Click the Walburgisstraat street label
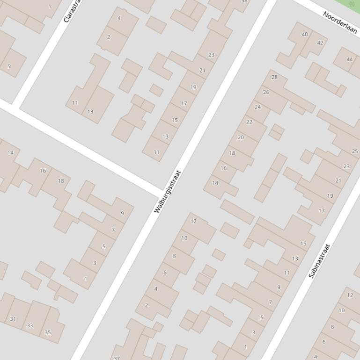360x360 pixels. coord(167,192)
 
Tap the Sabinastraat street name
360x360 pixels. coord(319,261)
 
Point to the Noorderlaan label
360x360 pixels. coord(340,22)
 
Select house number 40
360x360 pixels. coord(305,34)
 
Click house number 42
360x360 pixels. coord(320,43)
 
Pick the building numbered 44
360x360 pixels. coord(350,59)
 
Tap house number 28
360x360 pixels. coord(274,77)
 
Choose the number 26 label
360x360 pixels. coord(266,92)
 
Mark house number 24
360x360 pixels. coord(257,107)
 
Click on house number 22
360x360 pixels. coord(249,122)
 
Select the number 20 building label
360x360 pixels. coord(241,137)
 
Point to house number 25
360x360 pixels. coord(355,151)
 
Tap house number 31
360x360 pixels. coord(13,319)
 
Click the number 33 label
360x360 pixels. coord(30,325)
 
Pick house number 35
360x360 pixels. coord(47,332)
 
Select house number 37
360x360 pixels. coord(117,358)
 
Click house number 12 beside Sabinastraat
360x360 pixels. coord(350,295)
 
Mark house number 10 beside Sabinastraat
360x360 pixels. coord(341,310)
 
